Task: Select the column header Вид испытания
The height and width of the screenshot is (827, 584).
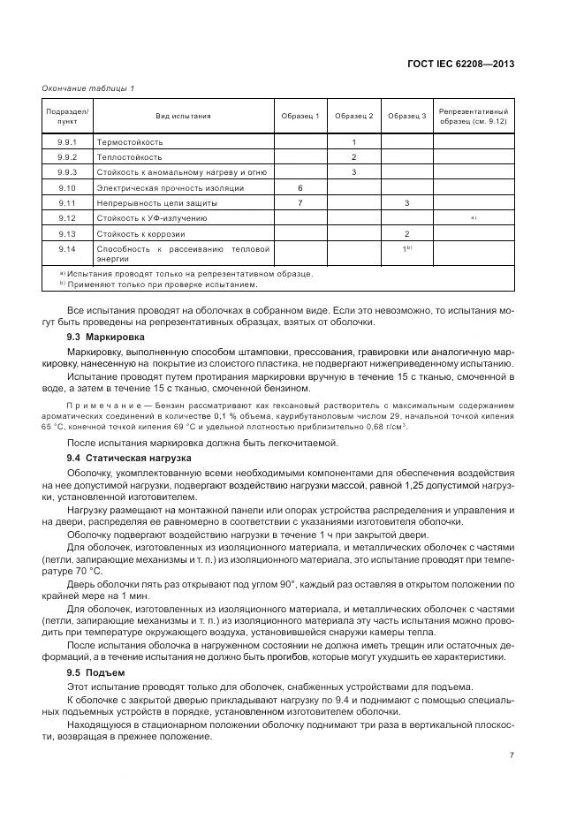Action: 183,116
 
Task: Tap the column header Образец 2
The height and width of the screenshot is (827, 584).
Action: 353,116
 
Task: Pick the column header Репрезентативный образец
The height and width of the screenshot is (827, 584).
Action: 474,116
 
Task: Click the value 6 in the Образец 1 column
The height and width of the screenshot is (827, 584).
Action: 300,187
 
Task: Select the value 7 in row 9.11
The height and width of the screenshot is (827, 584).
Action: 300,202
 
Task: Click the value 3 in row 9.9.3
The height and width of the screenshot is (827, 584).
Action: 353,171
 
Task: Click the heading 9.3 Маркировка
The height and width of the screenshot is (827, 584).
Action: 109,338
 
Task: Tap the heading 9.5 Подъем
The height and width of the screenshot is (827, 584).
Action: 96,672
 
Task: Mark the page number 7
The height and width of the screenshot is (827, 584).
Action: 512,755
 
